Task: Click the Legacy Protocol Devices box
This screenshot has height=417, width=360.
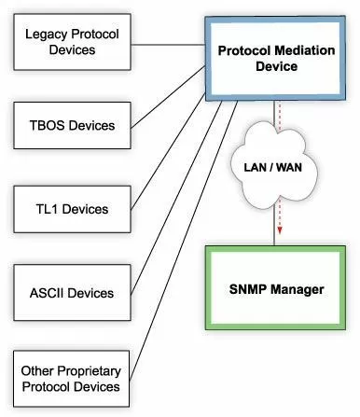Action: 71,42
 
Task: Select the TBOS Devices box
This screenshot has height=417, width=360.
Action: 71,124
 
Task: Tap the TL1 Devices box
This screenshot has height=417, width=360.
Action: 71,208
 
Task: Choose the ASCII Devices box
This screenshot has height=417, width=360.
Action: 71,293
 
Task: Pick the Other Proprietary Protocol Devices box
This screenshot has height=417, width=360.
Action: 71,378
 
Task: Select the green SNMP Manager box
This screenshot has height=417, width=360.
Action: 276,289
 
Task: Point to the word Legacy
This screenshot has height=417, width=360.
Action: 47,35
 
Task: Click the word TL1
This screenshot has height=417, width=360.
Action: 48,209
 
